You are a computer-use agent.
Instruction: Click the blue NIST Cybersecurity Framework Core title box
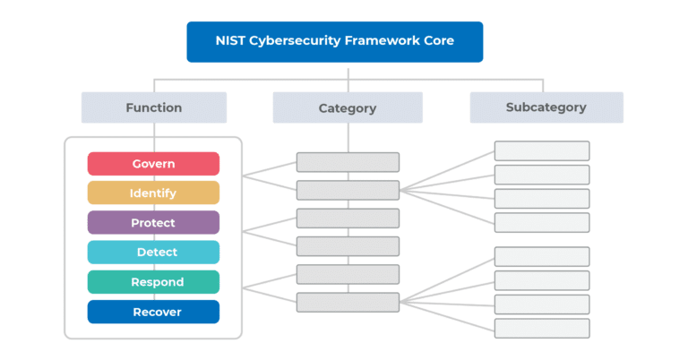tap(334, 42)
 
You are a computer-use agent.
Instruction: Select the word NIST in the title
tap(236, 42)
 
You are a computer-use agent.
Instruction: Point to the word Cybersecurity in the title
tap(298, 42)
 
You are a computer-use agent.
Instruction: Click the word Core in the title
tap(435, 42)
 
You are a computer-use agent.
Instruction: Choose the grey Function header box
tap(153, 107)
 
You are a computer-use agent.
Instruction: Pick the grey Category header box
tap(348, 108)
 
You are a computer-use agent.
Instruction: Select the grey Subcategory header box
tap(546, 107)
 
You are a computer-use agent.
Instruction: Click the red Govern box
tap(153, 164)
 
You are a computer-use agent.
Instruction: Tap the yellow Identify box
tap(153, 193)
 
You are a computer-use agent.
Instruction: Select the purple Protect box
tap(153, 223)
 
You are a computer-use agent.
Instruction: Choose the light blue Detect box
tap(153, 253)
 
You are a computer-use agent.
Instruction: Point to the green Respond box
tap(153, 282)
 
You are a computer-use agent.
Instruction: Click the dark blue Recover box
tap(153, 312)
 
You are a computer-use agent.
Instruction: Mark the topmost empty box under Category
tap(348, 162)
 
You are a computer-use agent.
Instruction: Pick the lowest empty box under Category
tap(348, 303)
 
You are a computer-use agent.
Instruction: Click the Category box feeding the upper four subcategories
tap(348, 190)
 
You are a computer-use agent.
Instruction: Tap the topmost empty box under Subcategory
tap(542, 150)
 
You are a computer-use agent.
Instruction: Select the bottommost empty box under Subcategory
tap(542, 328)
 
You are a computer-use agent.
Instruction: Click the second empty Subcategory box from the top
tap(542, 175)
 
